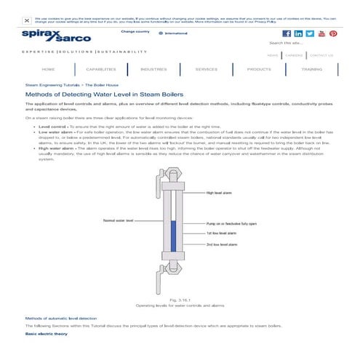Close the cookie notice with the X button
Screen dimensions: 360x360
pos(26,21)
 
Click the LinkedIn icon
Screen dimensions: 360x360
pos(297,33)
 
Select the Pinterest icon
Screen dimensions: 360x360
pos(332,33)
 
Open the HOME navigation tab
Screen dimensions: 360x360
pos(48,69)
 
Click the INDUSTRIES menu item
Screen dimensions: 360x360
pos(153,69)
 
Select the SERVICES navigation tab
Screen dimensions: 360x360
pos(206,69)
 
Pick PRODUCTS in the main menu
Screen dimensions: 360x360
pos(259,69)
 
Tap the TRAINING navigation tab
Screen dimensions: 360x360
pos(311,69)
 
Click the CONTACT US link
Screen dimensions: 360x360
pos(321,55)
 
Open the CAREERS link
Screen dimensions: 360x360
pos(294,55)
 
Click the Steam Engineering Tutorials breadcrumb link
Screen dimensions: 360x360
pos(52,84)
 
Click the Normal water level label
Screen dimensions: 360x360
pos(119,218)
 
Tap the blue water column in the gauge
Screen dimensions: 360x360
pos(173,233)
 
